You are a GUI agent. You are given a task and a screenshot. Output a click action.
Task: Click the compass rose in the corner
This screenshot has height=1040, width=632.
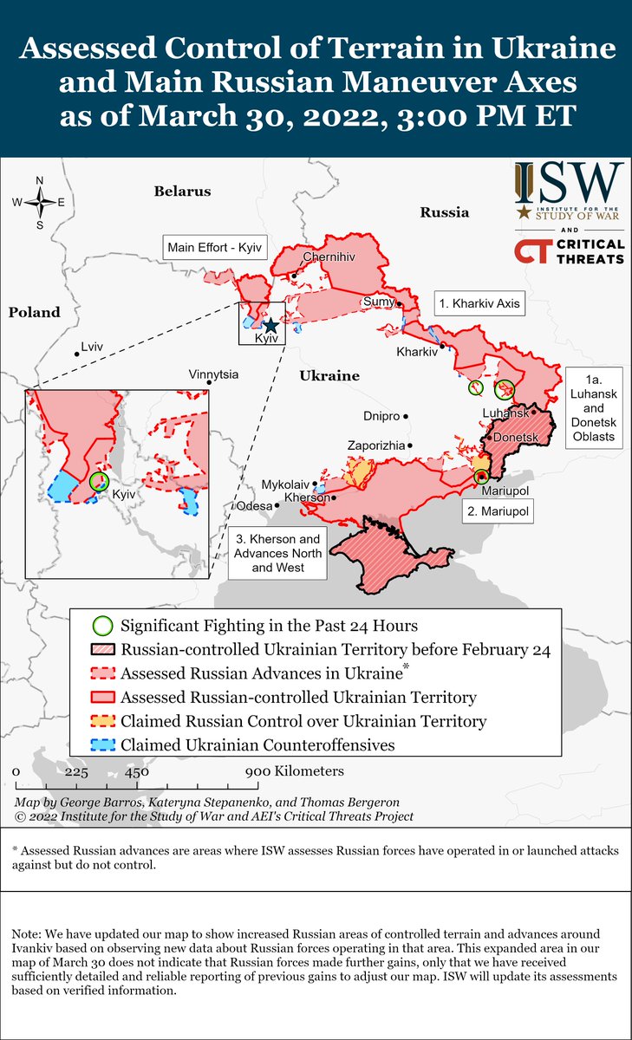[x=40, y=203]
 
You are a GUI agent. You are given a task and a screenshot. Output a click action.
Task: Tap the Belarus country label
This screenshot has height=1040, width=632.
[x=183, y=191]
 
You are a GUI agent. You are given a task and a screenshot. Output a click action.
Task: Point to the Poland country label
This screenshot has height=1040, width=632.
[x=35, y=312]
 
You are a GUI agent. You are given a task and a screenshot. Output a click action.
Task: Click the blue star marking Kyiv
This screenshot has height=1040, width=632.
[x=270, y=325]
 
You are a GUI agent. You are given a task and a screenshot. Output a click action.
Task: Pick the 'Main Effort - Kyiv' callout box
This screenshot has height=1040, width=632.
[x=214, y=247]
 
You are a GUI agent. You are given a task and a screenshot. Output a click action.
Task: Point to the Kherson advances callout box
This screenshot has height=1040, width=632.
[x=278, y=554]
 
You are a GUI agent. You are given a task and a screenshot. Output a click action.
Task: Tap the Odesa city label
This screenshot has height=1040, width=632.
[x=253, y=505]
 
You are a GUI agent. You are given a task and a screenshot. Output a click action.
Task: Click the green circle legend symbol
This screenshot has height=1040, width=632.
[x=102, y=626]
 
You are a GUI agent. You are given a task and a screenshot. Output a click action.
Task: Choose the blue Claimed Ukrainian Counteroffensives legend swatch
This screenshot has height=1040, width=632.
[x=102, y=744]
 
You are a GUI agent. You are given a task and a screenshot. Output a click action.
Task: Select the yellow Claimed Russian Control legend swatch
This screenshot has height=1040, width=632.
[x=102, y=720]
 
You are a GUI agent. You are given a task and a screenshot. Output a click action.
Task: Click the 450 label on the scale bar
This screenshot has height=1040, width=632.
[x=136, y=771]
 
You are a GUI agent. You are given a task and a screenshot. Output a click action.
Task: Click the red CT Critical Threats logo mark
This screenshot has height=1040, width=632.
[x=530, y=251]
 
